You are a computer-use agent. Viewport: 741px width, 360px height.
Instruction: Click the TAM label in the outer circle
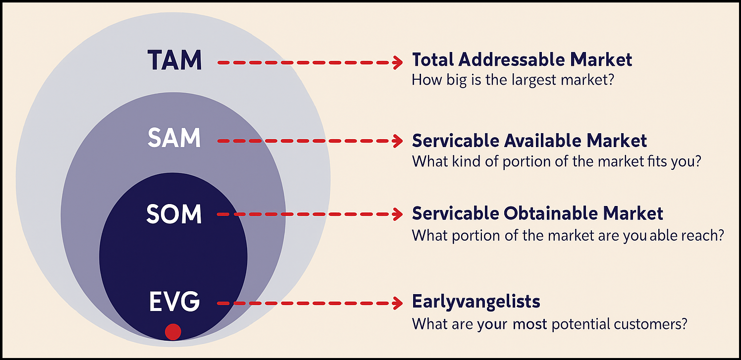(175, 60)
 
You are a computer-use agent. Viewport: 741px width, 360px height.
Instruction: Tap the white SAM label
(174, 138)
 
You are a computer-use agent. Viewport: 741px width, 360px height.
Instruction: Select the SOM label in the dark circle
(174, 214)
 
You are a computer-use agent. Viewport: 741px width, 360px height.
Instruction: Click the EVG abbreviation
(174, 302)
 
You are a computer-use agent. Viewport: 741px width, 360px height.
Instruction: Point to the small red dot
(173, 331)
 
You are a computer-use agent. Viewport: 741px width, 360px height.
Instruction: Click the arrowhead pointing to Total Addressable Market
(398, 62)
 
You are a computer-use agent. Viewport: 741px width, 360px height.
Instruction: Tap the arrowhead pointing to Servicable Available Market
(398, 141)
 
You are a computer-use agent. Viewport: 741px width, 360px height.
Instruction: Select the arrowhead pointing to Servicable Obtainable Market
(398, 214)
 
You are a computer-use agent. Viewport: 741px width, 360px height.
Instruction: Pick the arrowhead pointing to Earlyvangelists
(398, 303)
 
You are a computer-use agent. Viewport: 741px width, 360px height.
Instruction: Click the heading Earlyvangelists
(476, 302)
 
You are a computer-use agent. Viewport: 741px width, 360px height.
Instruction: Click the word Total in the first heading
(433, 60)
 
